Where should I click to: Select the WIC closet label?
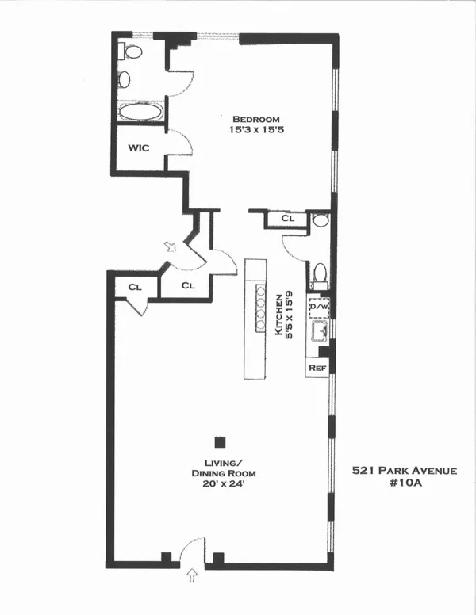coord(139,147)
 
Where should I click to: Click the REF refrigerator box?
coord(317,367)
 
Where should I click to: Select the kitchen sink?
coord(320,330)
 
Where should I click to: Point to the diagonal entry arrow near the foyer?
coord(170,248)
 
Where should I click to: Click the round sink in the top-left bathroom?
coord(125,78)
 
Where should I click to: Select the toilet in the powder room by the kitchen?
coord(320,271)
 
